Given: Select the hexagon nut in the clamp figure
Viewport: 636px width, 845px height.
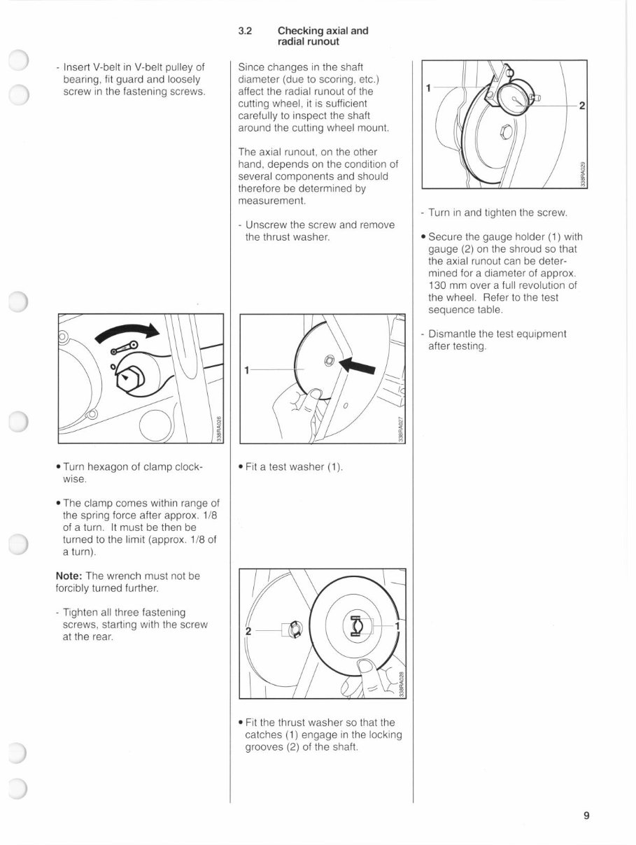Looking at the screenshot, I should (x=129, y=378).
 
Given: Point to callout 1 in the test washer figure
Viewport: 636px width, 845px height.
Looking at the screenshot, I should (x=246, y=368).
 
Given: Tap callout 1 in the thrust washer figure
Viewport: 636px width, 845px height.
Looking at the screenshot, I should (x=397, y=625).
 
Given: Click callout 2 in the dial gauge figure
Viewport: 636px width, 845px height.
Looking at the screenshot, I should (x=581, y=106).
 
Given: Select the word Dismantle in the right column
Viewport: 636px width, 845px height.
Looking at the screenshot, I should (x=452, y=334).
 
